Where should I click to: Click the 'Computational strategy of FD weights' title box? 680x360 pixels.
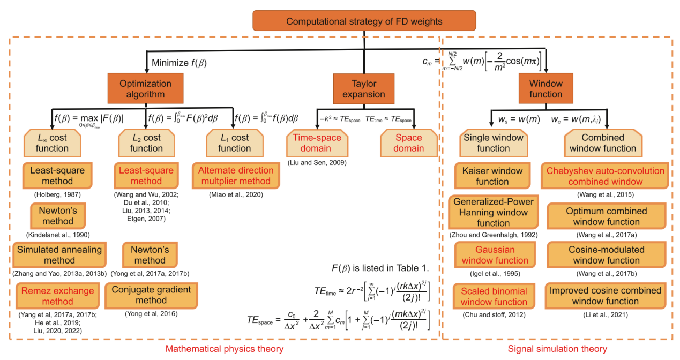click(x=364, y=22)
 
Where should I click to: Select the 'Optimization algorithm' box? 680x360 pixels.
click(x=146, y=89)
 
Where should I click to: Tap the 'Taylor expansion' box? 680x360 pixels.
click(x=363, y=89)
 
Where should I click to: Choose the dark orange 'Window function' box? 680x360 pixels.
click(x=545, y=89)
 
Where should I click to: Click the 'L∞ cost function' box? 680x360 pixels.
click(x=52, y=143)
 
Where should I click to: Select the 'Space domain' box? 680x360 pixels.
click(x=408, y=143)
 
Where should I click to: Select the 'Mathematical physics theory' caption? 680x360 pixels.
click(x=224, y=349)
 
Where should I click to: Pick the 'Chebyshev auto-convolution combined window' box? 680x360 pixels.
click(x=606, y=176)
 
